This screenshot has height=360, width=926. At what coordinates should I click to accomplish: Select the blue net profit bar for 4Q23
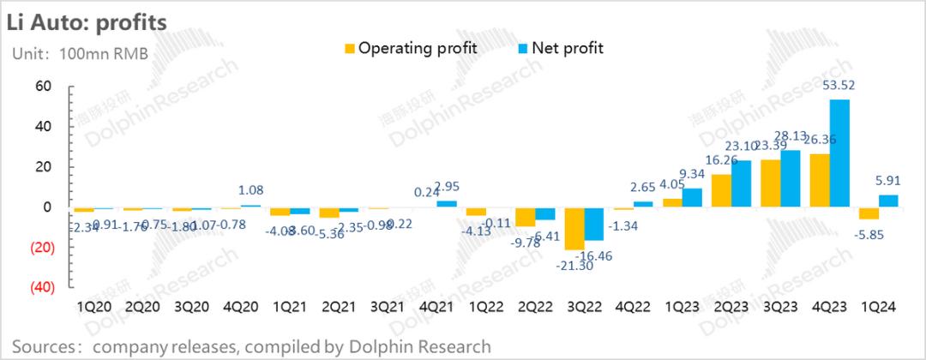pos(839,153)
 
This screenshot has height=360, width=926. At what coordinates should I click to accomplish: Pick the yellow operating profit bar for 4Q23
pos(820,181)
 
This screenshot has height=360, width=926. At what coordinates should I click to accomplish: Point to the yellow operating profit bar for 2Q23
pos(721,191)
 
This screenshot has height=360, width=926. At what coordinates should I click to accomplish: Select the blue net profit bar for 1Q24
pos(889,201)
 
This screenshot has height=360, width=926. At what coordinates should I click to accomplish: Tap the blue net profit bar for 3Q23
pos(791,179)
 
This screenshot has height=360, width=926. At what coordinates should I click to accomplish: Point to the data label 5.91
pos(888,181)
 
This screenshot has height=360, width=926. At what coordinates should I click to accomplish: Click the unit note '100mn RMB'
pos(104,53)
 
